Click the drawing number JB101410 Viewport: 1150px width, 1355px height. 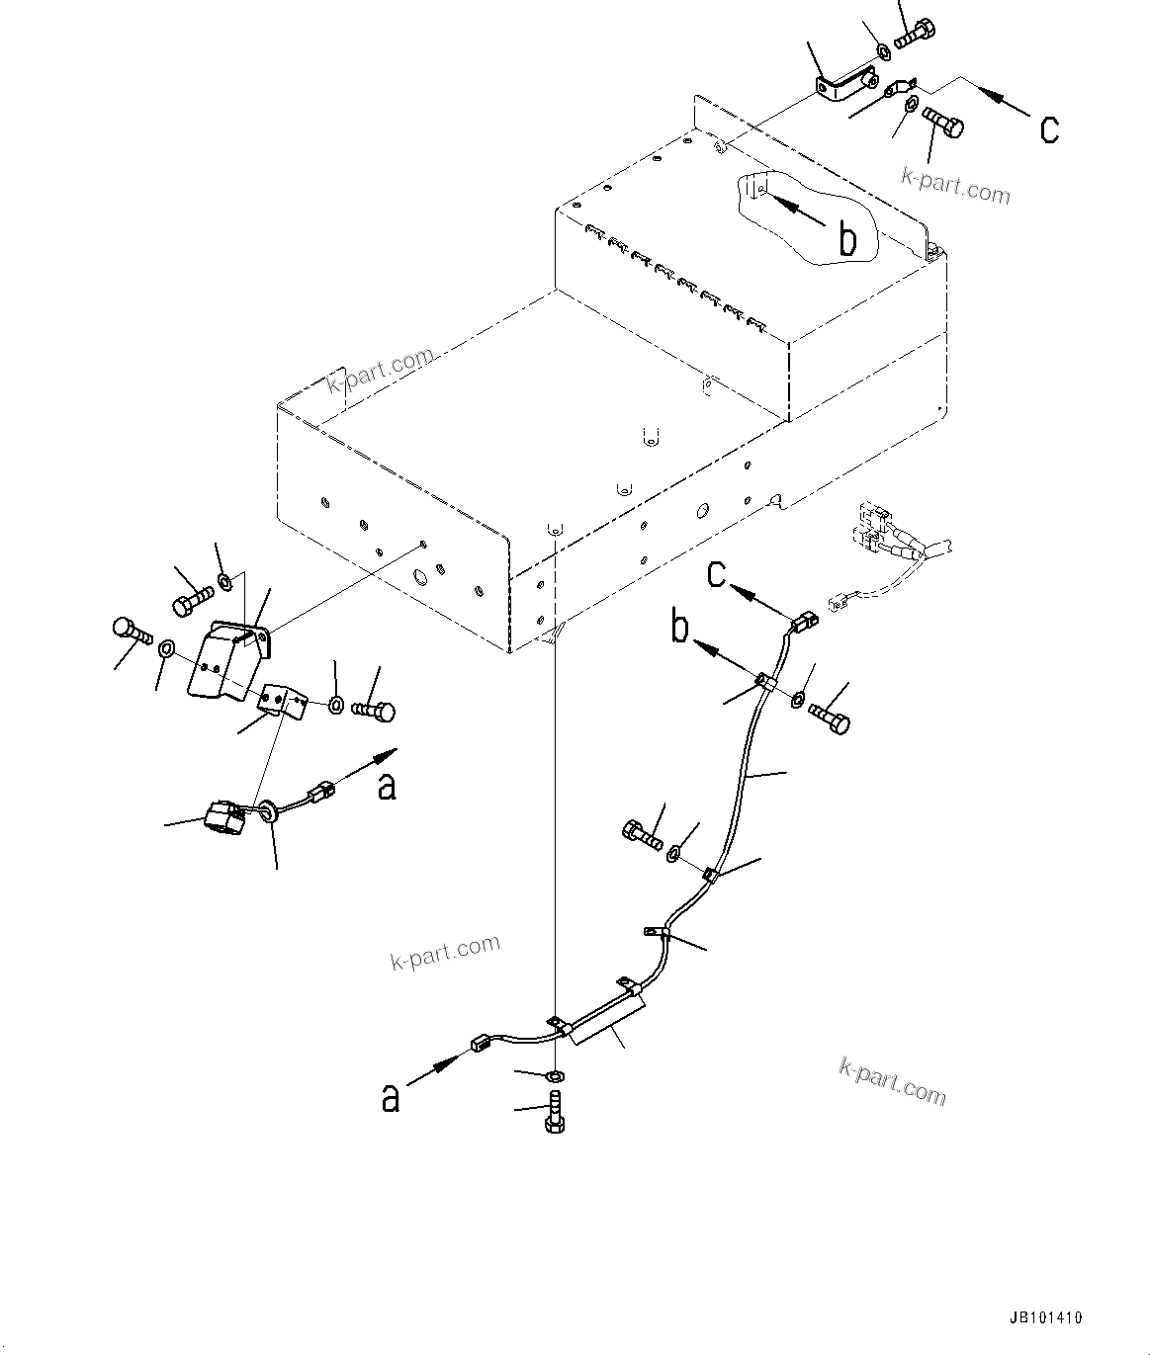coord(1046,1317)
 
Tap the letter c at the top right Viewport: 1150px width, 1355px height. coord(1049,128)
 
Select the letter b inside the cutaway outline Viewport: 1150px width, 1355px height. coord(847,239)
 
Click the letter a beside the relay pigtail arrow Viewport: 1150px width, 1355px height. coord(388,786)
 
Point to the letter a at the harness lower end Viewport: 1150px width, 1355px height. coord(392,1097)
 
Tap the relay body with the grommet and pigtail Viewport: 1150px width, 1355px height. coord(222,818)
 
